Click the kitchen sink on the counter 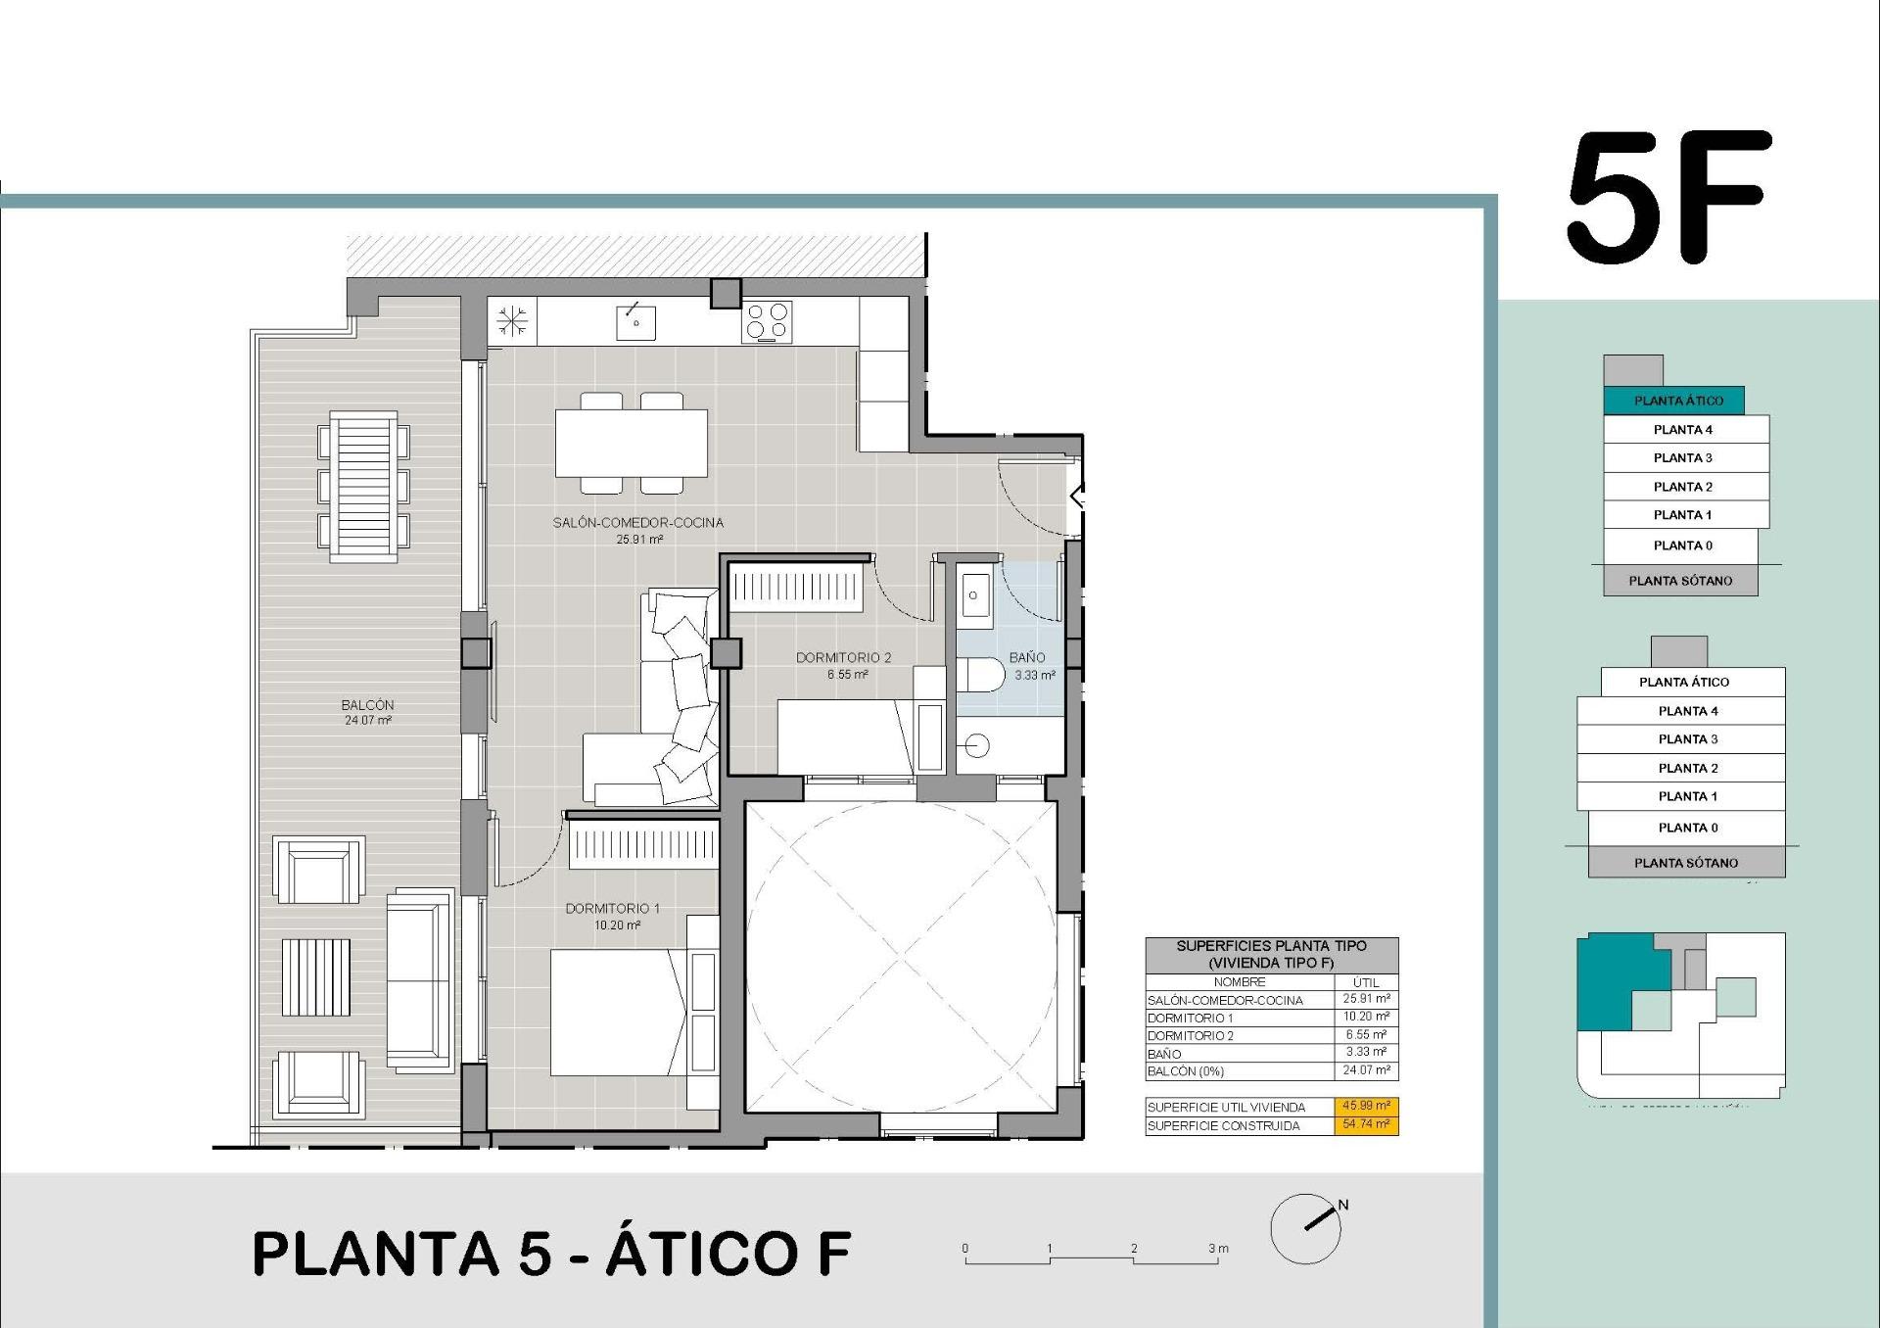(x=635, y=322)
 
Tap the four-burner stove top (x=767, y=321)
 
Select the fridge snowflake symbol (x=512, y=321)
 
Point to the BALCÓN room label (x=367, y=704)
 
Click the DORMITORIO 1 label (x=612, y=908)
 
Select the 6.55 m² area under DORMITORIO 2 (x=847, y=674)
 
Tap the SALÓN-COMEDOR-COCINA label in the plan (x=637, y=522)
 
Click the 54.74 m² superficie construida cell (x=1366, y=1124)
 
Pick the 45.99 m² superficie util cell (x=1366, y=1106)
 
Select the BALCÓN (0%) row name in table (x=1186, y=1071)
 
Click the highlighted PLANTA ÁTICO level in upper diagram (x=1677, y=400)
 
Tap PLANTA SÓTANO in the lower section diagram (x=1685, y=862)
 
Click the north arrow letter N (x=1343, y=1205)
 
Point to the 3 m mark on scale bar (x=1217, y=1249)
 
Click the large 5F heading (x=1668, y=199)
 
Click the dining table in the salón (x=632, y=443)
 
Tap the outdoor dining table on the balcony (x=363, y=487)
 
